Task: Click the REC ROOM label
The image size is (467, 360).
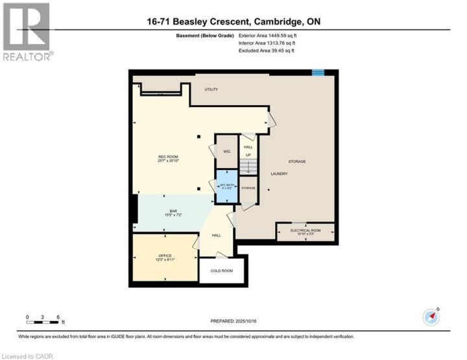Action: click(x=168, y=157)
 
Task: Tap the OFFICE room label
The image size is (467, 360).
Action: click(x=165, y=256)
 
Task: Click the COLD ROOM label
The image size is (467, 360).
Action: click(x=223, y=270)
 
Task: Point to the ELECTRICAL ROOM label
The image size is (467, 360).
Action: click(x=305, y=230)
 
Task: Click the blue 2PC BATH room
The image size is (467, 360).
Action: click(x=227, y=186)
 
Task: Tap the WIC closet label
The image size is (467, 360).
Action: click(x=227, y=150)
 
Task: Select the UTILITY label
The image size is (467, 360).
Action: click(x=211, y=90)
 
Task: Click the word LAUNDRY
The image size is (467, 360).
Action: click(x=280, y=174)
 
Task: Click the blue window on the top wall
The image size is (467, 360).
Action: click(x=318, y=73)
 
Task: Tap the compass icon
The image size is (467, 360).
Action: click(x=431, y=317)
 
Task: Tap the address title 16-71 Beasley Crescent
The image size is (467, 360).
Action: click(x=233, y=21)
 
